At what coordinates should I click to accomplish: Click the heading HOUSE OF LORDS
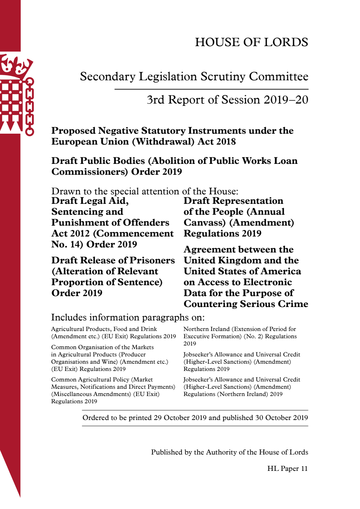coord(251,42)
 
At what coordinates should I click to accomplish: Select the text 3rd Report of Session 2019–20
coord(227,100)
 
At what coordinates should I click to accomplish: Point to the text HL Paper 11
coord(287,468)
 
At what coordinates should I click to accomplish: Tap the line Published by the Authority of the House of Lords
coord(230,452)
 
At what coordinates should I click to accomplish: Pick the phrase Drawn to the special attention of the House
coord(145,191)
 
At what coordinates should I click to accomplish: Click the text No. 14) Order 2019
coord(94,244)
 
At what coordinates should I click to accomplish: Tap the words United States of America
coord(242,271)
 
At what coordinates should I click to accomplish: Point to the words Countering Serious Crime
coord(246,304)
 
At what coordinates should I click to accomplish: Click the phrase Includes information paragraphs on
coord(128,317)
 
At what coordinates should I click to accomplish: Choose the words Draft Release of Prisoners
coord(113,260)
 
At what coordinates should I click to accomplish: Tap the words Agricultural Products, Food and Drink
coord(104,329)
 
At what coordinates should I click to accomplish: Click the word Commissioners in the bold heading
coord(90,171)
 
